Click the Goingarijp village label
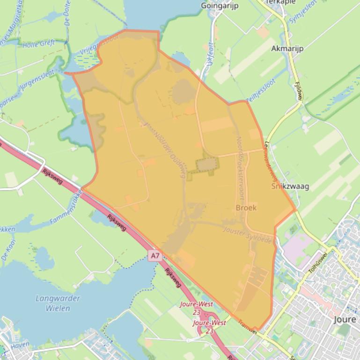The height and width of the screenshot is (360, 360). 220,6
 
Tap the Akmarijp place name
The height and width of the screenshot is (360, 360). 287,48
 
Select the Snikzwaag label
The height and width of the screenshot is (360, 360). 290,186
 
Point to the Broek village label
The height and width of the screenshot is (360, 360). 246,208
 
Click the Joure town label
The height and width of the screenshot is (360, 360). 345,320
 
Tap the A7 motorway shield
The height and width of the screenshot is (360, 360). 155,256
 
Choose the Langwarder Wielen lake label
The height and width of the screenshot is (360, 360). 58,303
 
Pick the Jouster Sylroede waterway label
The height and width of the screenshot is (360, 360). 248,234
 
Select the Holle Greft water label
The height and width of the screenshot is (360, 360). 38,44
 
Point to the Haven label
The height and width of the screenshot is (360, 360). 20,345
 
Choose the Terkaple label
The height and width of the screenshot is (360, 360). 280,2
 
